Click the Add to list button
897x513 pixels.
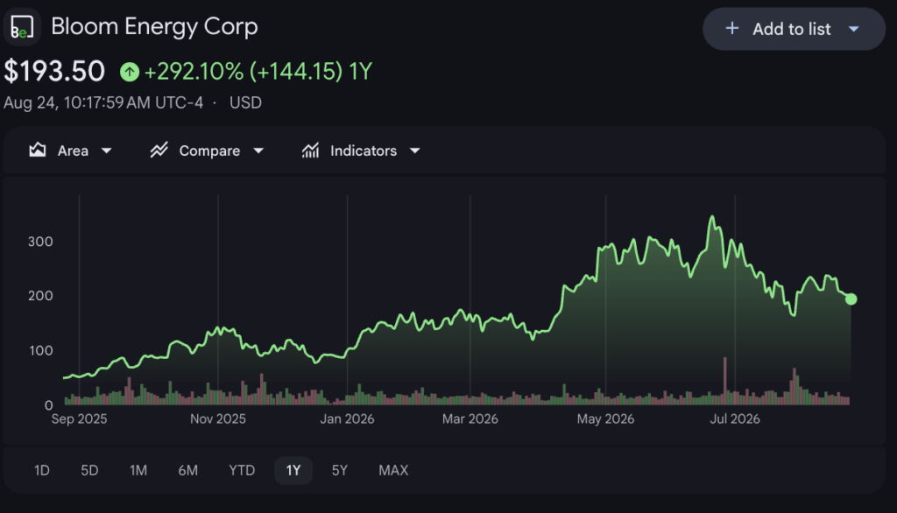[794, 29]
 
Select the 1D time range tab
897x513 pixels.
[42, 471]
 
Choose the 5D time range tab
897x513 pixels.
[90, 471]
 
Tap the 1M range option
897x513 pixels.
[138, 471]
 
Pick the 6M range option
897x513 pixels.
[188, 471]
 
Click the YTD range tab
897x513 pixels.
[242, 471]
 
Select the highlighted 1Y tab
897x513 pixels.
[293, 471]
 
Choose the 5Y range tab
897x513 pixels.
[340, 471]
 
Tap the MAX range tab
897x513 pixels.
[393, 471]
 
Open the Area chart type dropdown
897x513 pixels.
[70, 151]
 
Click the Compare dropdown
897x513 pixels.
[207, 151]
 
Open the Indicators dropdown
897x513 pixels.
[361, 151]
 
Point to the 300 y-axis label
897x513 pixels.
[40, 242]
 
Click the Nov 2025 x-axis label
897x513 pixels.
[218, 419]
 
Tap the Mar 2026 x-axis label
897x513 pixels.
[470, 419]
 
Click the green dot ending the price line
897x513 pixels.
[851, 299]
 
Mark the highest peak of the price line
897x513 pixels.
[712, 216]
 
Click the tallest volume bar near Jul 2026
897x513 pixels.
[724, 381]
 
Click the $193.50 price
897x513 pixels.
[54, 72]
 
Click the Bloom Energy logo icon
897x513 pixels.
[22, 27]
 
